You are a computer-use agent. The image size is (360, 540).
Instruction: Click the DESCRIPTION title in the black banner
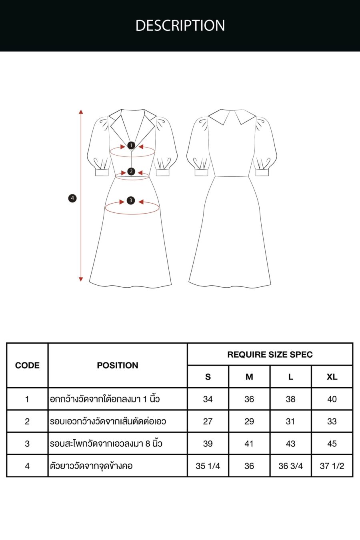[180, 25]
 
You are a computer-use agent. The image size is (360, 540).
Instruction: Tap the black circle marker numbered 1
[131, 145]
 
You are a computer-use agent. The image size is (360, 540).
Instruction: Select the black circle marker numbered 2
[131, 172]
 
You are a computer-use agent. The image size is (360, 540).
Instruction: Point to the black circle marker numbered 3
[131, 200]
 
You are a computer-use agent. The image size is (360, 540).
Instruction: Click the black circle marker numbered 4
[72, 198]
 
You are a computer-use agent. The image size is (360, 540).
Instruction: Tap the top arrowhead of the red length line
[81, 112]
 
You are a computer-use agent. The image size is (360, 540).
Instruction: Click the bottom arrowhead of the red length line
[81, 279]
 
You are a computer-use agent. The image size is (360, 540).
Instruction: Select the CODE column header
[27, 366]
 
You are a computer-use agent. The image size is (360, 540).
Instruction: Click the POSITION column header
[118, 366]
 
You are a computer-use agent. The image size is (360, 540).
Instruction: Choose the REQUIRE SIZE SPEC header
[270, 355]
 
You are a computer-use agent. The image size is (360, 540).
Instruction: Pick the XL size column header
[332, 377]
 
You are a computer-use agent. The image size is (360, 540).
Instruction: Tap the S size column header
[208, 377]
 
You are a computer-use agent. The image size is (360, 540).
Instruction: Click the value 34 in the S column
[208, 399]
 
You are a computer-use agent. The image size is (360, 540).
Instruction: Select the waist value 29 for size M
[249, 421]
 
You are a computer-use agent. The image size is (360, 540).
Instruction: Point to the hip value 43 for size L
[290, 444]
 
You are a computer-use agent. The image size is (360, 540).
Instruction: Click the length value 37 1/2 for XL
[332, 466]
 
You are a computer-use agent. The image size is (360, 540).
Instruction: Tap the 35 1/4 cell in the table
[208, 466]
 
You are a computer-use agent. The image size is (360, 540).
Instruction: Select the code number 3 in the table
[27, 444]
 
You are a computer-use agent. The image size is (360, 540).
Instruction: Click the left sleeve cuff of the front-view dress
[102, 172]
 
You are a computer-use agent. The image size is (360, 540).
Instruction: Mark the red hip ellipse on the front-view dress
[132, 214]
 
